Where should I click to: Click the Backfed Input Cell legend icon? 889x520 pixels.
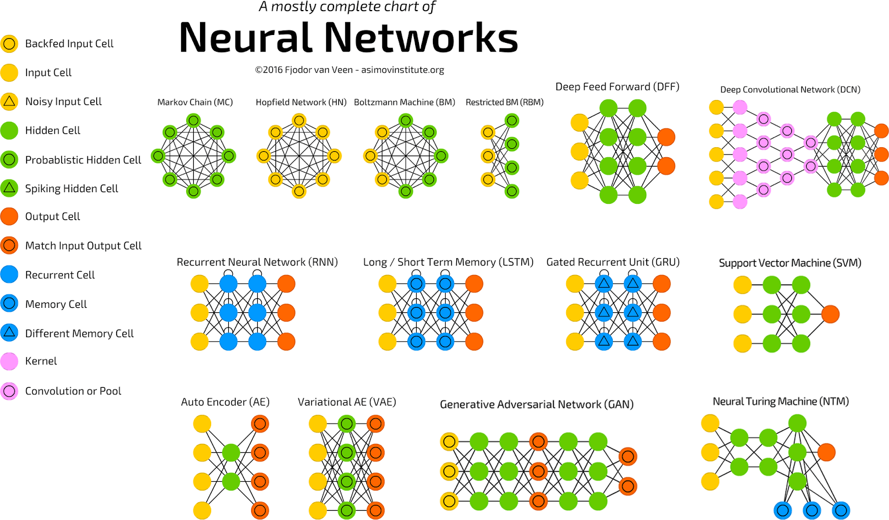click(x=9, y=43)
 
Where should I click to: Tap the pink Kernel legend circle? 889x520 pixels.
click(x=9, y=361)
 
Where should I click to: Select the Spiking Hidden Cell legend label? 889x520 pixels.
click(x=71, y=188)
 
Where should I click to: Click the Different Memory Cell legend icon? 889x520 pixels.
click(x=9, y=333)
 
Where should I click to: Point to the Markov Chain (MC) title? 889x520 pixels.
click(x=194, y=102)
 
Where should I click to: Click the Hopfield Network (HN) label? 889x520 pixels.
click(x=301, y=102)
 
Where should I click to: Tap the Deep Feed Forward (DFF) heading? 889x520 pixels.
click(x=617, y=87)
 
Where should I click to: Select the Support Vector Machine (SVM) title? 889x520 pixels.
click(x=790, y=263)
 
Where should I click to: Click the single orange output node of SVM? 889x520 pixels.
click(x=830, y=314)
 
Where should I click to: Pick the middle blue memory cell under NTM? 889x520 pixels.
click(x=812, y=509)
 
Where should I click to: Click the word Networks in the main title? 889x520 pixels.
click(x=421, y=38)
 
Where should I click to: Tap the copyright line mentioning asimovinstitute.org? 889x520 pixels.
click(x=349, y=70)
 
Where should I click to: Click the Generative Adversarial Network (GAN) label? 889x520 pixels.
click(x=536, y=404)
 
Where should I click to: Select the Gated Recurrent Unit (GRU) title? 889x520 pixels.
click(x=613, y=262)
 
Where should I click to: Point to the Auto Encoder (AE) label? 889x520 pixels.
click(x=225, y=402)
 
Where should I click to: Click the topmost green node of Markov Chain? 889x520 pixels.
click(x=193, y=120)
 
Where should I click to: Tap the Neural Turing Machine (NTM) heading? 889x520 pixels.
click(x=780, y=401)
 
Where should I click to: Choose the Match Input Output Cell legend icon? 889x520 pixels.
click(x=9, y=245)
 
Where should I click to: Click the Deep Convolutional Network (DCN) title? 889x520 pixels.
click(x=790, y=89)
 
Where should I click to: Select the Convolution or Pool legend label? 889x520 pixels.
click(x=73, y=391)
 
